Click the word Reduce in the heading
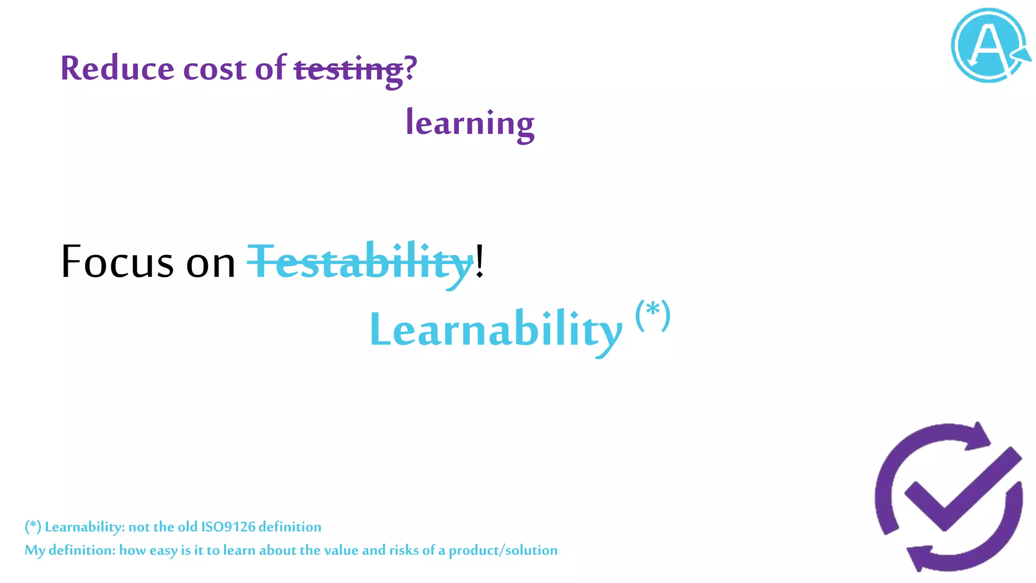pos(117,68)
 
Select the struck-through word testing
pos(349,70)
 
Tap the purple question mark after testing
pos(411,67)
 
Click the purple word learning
pos(470,123)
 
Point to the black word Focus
pos(117,262)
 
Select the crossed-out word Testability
pos(361,262)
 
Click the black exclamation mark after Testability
pos(480,261)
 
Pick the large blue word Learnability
pos(496,330)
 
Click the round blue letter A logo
pos(989,46)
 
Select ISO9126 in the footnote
pos(228,527)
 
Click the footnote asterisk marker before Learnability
pos(33,527)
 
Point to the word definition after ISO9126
pos(290,527)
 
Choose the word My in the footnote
pos(34,551)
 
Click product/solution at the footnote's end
pos(503,551)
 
